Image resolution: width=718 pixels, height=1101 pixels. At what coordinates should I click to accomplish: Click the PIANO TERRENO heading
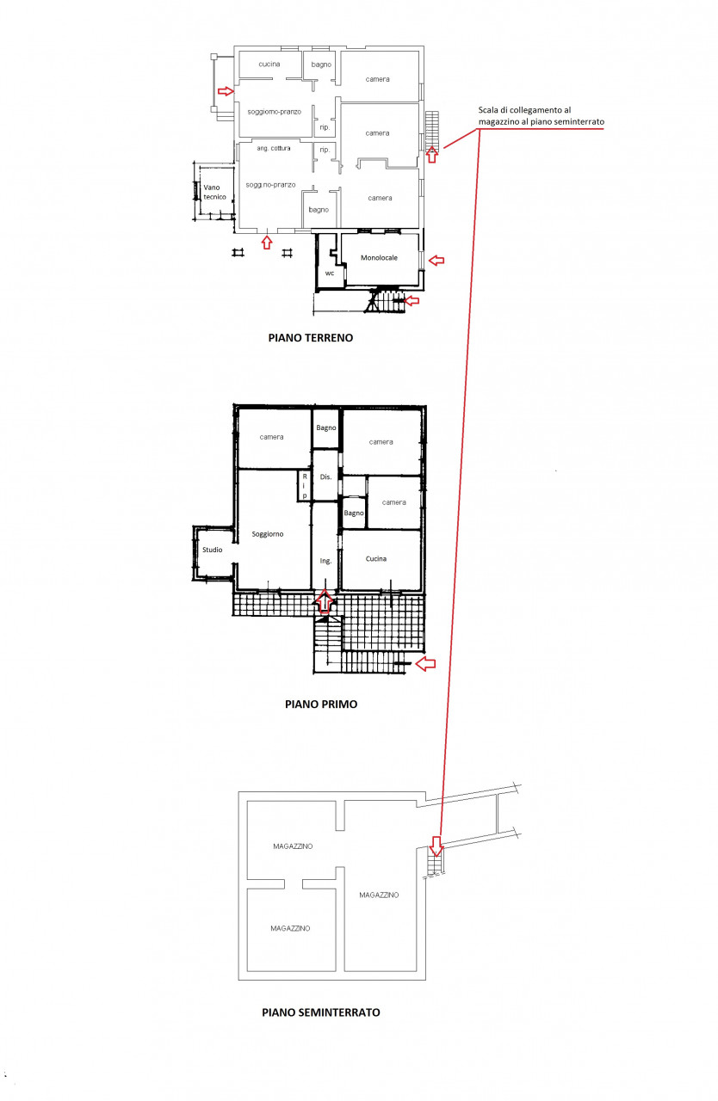[x=310, y=338]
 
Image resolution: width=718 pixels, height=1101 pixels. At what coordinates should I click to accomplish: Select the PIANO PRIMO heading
[x=321, y=704]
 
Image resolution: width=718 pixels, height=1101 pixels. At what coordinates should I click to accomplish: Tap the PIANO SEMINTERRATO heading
[x=320, y=1012]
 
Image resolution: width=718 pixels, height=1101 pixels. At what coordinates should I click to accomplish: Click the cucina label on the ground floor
[x=269, y=64]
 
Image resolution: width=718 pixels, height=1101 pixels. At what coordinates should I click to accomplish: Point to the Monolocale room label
[x=379, y=257]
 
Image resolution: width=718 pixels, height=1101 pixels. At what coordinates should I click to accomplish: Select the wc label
[x=330, y=274]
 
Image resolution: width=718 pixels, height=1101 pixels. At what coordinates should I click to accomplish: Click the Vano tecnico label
[x=214, y=192]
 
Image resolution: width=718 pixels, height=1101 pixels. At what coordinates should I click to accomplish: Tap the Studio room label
[x=213, y=550]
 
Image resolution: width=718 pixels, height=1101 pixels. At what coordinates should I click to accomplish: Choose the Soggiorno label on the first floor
[x=268, y=534]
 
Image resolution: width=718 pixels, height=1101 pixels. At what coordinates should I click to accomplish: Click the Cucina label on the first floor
[x=375, y=559]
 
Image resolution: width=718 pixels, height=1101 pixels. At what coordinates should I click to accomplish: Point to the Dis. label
[x=325, y=477]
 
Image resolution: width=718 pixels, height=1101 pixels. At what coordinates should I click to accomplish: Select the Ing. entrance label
[x=325, y=561]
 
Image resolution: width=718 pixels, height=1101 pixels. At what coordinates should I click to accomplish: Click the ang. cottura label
[x=274, y=148]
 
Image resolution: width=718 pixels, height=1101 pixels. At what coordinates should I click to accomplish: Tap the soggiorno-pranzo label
[x=274, y=112]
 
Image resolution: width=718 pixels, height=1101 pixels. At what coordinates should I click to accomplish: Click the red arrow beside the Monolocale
[x=436, y=260]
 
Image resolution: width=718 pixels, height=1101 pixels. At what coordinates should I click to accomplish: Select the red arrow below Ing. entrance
[x=325, y=601]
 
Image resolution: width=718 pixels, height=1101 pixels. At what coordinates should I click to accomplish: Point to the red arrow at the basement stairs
[x=436, y=846]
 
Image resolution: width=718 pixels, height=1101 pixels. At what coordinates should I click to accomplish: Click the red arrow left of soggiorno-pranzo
[x=226, y=91]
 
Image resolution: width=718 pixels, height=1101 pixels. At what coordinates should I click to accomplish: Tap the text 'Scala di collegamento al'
[x=524, y=110]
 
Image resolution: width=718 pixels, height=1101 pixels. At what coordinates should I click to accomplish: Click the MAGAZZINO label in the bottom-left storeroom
[x=290, y=928]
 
